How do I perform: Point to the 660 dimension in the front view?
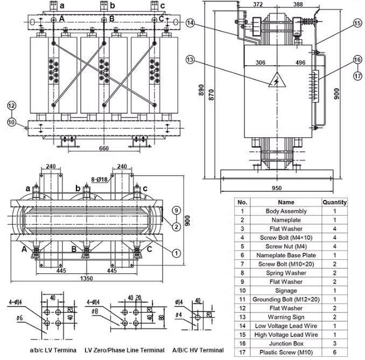(x=104, y=148)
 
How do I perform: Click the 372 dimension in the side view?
(x=258, y=5)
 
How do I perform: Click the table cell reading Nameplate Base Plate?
(x=286, y=255)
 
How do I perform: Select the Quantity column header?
(x=334, y=203)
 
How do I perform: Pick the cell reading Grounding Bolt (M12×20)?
(x=286, y=299)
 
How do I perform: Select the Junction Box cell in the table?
(x=286, y=343)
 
